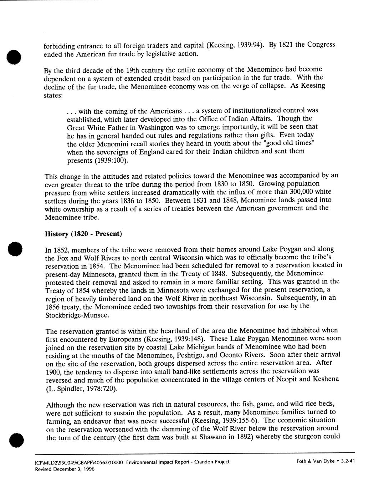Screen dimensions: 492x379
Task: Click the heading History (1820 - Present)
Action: pyautogui.click(x=83, y=234)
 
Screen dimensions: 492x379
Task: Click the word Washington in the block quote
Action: pyautogui.click(x=145, y=127)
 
